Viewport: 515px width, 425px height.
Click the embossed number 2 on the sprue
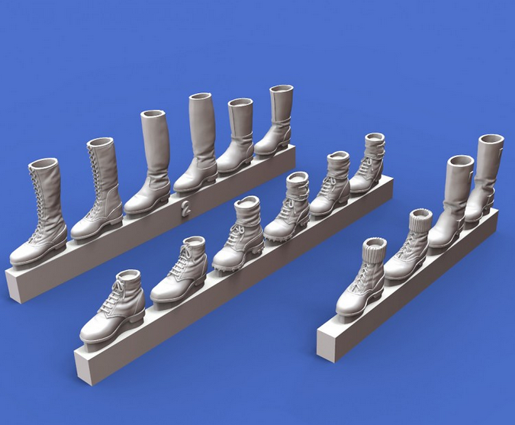click(185, 208)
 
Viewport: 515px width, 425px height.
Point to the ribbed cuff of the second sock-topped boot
click(420, 219)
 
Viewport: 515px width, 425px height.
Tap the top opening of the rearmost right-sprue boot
click(491, 140)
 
